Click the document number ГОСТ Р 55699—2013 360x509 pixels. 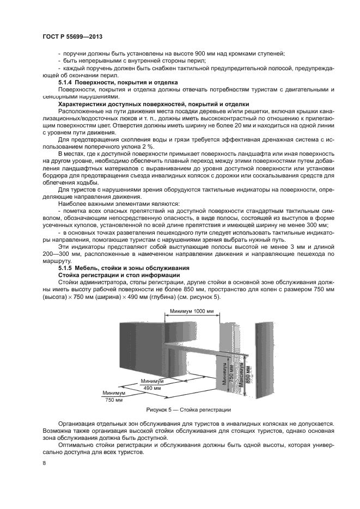click(x=72, y=36)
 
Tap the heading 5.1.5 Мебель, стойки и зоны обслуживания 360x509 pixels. click(x=123, y=268)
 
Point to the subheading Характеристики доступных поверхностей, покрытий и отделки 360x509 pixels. click(x=154, y=103)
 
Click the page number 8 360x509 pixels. click(x=44, y=463)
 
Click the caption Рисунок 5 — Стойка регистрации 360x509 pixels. click(x=188, y=409)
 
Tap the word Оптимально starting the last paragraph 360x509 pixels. click(x=76, y=445)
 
